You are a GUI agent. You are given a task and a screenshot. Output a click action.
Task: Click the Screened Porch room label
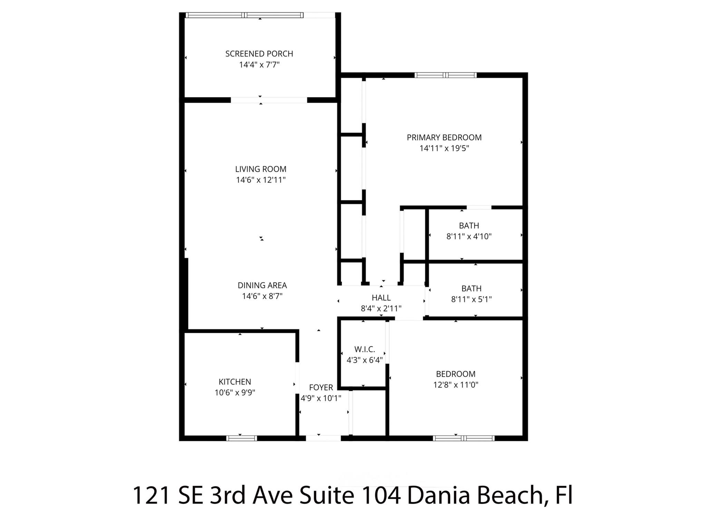pyautogui.click(x=259, y=54)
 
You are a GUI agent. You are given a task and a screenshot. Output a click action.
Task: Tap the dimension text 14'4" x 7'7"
pyautogui.click(x=259, y=65)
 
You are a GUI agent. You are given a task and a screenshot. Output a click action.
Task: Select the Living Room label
pyautogui.click(x=261, y=169)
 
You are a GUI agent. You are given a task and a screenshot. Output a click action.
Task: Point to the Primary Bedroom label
pyautogui.click(x=444, y=137)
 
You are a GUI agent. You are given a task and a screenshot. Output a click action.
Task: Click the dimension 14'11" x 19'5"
pyautogui.click(x=444, y=148)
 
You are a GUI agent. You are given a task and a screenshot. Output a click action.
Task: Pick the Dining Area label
pyautogui.click(x=262, y=285)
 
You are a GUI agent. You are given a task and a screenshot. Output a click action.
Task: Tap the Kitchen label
pyautogui.click(x=235, y=382)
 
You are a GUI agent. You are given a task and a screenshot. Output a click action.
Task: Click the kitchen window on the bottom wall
pyautogui.click(x=242, y=438)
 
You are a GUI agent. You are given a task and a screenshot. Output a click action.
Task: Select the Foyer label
pyautogui.click(x=321, y=387)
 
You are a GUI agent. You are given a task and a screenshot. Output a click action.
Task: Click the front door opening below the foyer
pyautogui.click(x=323, y=438)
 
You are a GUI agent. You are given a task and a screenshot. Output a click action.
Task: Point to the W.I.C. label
pyautogui.click(x=365, y=349)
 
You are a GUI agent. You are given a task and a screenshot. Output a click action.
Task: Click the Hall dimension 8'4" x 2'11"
pyautogui.click(x=381, y=308)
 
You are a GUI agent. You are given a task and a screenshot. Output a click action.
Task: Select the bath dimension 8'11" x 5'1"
pyautogui.click(x=471, y=300)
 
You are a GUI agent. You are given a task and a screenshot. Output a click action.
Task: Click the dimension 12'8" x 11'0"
pyautogui.click(x=456, y=385)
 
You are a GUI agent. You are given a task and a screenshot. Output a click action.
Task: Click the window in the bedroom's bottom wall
pyautogui.click(x=464, y=438)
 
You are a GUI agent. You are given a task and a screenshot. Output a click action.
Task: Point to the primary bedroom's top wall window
pyautogui.click(x=445, y=75)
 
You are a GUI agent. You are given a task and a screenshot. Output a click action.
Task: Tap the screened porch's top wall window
pyautogui.click(x=244, y=15)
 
